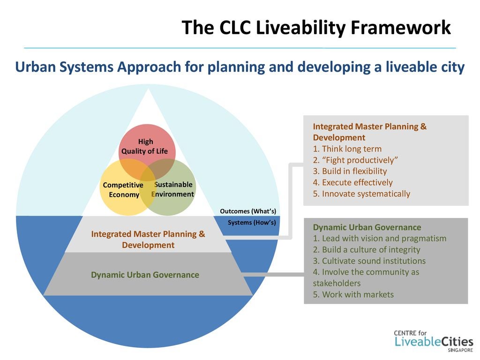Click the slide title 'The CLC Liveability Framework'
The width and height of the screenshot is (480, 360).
pos(316,28)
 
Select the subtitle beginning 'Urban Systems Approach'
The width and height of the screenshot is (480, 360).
pos(240,67)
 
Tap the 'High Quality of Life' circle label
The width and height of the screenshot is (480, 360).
pos(145,146)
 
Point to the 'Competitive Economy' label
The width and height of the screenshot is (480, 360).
pos(123,190)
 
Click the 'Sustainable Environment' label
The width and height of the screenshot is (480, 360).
pos(173,189)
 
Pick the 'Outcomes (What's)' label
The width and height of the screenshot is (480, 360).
pos(248,211)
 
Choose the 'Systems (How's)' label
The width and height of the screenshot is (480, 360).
pos(252,222)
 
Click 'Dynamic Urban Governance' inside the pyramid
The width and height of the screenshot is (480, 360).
pos(145,275)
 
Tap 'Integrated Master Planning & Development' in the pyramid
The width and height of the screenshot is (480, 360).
pos(148,239)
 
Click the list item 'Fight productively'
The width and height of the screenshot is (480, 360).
pos(355,160)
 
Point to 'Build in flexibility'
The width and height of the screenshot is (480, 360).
pos(350,171)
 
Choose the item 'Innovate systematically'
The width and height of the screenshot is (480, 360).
pos(361,194)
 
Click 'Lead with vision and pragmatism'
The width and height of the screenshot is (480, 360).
pos(380,238)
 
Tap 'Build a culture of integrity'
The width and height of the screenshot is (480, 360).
pos(367,249)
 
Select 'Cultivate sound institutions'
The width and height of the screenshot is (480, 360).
pos(369,261)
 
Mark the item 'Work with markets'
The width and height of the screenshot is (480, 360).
pos(353,294)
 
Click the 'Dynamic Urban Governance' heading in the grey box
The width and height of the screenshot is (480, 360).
pos(367,227)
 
